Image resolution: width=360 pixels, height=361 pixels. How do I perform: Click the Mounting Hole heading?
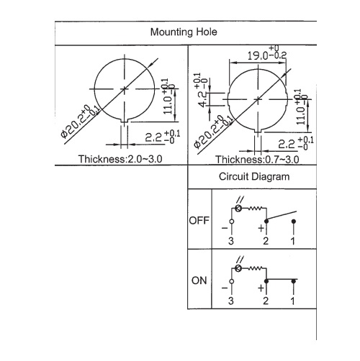coord(184,32)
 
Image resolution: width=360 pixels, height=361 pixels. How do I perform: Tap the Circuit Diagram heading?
coord(254,177)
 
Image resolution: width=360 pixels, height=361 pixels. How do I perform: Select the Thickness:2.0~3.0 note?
coord(120,159)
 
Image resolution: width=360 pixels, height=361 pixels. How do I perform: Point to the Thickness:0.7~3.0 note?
coord(257,160)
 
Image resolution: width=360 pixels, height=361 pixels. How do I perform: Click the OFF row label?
coord(199,221)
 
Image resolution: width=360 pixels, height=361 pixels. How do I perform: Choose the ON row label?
coord(199,280)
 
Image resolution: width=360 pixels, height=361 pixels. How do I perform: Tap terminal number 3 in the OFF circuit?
coord(231,241)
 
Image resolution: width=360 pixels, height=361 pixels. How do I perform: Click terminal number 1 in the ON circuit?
coord(293,301)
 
